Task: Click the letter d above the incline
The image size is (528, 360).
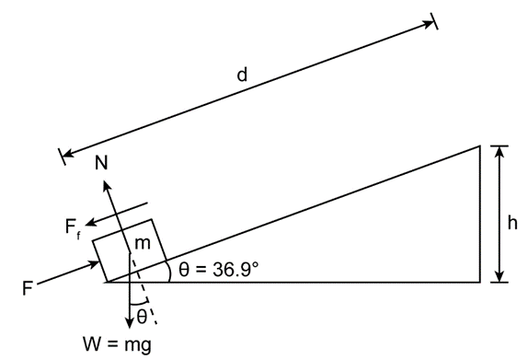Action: [242, 75]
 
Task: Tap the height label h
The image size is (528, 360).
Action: [512, 223]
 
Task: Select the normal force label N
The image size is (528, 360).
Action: [101, 163]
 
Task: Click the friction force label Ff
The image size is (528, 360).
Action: [73, 228]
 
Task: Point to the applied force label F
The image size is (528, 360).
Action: [28, 288]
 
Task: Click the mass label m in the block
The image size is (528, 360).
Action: [143, 243]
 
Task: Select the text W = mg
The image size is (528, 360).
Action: [117, 345]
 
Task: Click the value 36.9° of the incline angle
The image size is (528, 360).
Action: [235, 270]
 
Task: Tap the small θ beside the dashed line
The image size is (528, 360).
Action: [142, 317]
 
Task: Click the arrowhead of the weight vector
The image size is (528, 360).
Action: [129, 322]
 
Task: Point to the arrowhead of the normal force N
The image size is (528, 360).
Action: [107, 186]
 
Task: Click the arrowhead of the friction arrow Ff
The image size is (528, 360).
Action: [91, 222]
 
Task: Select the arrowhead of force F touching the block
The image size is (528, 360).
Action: [94, 263]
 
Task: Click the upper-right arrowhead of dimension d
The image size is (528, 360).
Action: [429, 24]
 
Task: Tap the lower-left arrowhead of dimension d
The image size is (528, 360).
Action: [68, 155]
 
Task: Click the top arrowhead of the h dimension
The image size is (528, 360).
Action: [499, 152]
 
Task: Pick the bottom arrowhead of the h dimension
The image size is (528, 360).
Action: [499, 275]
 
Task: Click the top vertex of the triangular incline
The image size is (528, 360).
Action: [480, 146]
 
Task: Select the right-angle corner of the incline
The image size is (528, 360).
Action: [480, 282]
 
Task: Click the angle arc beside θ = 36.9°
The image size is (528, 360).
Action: [169, 271]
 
